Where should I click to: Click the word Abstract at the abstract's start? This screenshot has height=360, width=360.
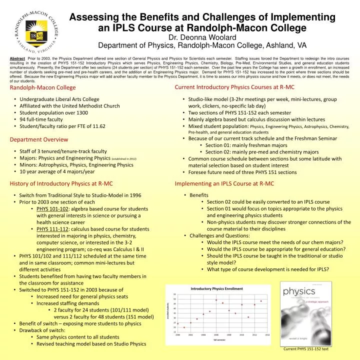pyautogui.click(x=17, y=58)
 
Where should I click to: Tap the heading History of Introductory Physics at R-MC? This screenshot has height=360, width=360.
pyautogui.click(x=61, y=183)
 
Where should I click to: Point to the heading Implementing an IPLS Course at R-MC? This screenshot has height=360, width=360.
pyautogui.click(x=224, y=183)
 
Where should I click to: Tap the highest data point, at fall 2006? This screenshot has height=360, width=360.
pyautogui.click(x=216, y=300)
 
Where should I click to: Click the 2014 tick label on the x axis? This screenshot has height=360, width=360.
pyautogui.click(x=267, y=334)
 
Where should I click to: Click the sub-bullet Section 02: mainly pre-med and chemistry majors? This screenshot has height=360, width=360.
pyautogui.click(x=262, y=152)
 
